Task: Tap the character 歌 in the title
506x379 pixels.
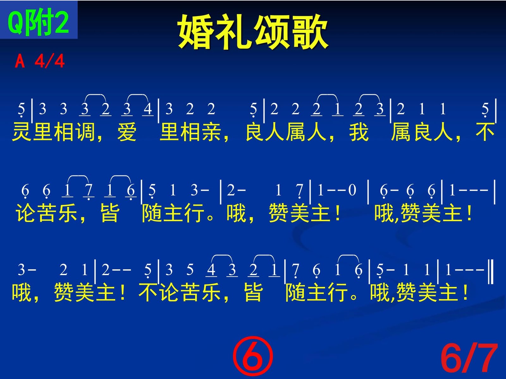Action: pos(309,32)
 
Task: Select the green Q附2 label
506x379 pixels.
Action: pos(38,22)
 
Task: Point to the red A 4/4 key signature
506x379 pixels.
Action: pos(40,61)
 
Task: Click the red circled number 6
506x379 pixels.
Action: pos(253,356)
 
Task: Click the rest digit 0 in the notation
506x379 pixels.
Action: pos(352,190)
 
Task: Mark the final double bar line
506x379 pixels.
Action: pos(491,271)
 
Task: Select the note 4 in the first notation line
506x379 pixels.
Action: pos(148,109)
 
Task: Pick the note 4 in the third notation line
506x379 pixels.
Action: pos(211,269)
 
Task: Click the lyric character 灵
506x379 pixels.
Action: pos(22,132)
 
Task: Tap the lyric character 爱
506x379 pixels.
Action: pos(126,132)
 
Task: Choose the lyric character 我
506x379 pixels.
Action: pos(359,132)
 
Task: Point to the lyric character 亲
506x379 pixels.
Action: pos(211,132)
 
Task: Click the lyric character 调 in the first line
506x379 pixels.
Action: pos(85,132)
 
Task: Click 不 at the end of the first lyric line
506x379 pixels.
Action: pos(485,132)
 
